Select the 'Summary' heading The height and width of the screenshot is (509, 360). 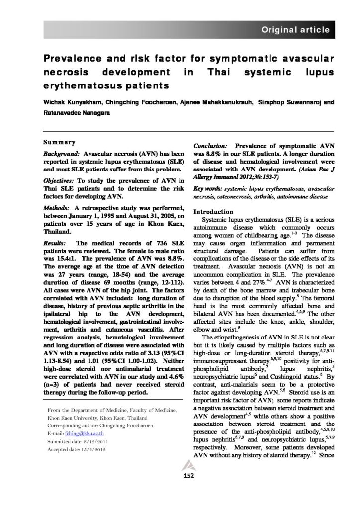click(60, 142)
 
